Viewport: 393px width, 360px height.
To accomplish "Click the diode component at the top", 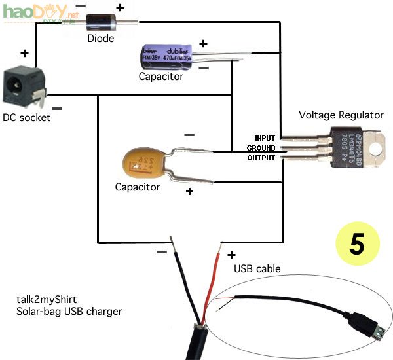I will [100, 22].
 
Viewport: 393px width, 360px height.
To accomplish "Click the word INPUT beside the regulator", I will [265, 138].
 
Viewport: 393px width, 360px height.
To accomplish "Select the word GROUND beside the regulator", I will [261, 148].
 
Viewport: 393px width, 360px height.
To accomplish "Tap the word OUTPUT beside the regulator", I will [261, 158].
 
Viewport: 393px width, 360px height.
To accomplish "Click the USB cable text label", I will [257, 268].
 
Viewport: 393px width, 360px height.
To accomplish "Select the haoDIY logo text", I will [29, 11].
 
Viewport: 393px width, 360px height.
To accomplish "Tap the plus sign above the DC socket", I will [25, 53].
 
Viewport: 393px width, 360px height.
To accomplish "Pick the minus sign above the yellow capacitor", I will [189, 135].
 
